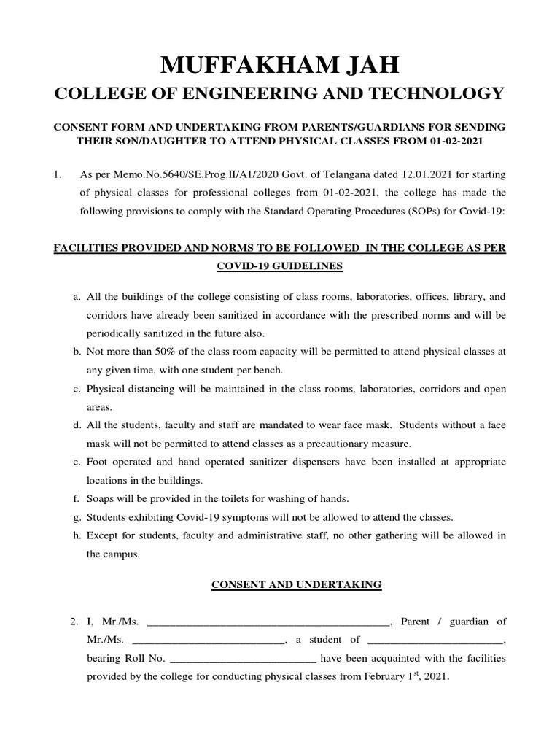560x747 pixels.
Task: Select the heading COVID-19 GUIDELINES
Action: (x=280, y=266)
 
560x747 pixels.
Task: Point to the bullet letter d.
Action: (x=77, y=425)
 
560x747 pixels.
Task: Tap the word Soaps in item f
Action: (x=101, y=499)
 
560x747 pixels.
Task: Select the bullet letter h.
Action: (x=77, y=535)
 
